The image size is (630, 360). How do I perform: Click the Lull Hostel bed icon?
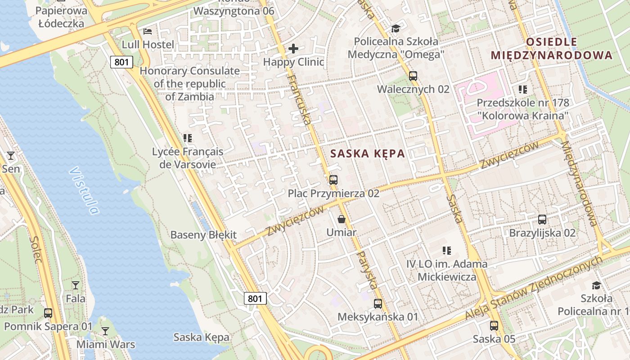[x=148, y=31]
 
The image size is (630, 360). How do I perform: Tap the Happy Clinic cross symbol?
[x=293, y=49]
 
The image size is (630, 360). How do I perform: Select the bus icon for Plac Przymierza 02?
[x=333, y=180]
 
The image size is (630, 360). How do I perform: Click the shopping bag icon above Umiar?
[x=342, y=220]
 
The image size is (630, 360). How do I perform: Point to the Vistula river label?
[x=84, y=190]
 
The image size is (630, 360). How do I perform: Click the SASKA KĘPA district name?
[x=367, y=153]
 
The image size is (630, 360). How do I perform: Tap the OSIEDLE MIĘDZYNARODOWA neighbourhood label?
[x=551, y=49]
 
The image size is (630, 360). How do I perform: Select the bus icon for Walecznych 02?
[x=413, y=76]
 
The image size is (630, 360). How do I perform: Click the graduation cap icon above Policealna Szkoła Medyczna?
[x=396, y=29]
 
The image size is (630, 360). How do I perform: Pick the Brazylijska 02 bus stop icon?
[x=542, y=220]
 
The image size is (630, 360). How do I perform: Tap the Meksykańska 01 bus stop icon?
[x=378, y=303]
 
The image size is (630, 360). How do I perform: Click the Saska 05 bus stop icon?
[x=494, y=325]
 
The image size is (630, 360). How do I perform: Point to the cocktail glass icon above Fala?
[x=76, y=285]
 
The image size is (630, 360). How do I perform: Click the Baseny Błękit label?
[x=203, y=235]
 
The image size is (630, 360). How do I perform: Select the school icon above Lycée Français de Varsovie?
[x=188, y=138]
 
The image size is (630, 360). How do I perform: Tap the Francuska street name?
[x=299, y=100]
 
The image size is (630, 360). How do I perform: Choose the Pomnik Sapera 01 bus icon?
[x=48, y=313]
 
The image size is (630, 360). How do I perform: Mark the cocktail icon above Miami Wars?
[x=105, y=331]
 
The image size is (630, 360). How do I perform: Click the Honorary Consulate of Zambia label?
[x=189, y=84]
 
